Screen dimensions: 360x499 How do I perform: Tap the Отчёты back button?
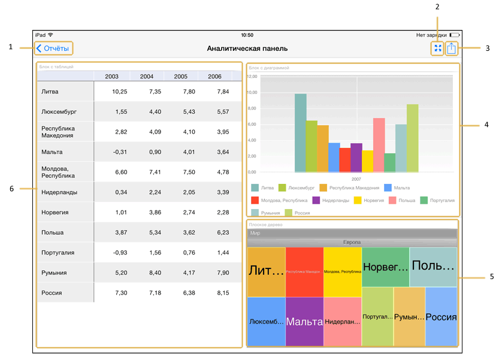pyautogui.click(x=53, y=49)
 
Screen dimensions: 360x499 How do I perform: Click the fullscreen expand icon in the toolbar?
pyautogui.click(x=438, y=49)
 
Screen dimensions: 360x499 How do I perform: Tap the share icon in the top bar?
pyautogui.click(x=452, y=49)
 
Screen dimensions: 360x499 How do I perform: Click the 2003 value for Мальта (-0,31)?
pyautogui.click(x=119, y=152)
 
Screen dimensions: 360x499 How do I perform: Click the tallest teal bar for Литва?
pyautogui.click(x=300, y=133)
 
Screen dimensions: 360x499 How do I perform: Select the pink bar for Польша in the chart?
pyautogui.click(x=379, y=145)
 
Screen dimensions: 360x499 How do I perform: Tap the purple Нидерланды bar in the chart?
pyautogui.click(x=356, y=158)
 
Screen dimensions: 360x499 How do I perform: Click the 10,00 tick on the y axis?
pyautogui.click(x=252, y=92)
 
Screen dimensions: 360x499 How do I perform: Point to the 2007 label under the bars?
pyautogui.click(x=356, y=179)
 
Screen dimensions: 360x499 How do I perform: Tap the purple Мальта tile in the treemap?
pyautogui.click(x=304, y=322)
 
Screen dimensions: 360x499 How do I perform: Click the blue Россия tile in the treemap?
pyautogui.click(x=441, y=317)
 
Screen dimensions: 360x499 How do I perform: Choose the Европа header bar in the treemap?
pyautogui.click(x=352, y=242)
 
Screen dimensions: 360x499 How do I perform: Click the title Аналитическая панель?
pyautogui.click(x=247, y=49)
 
